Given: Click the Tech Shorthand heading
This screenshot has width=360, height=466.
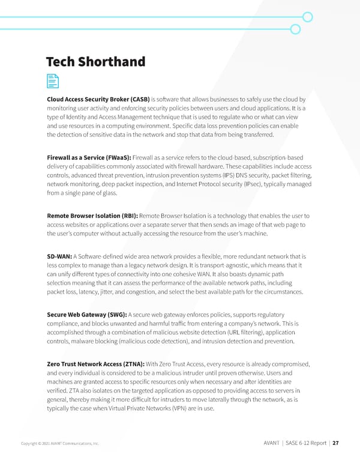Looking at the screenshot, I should pyautogui.click(x=96, y=62).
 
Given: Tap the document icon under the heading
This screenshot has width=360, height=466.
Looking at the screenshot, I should pyautogui.click(x=53, y=82).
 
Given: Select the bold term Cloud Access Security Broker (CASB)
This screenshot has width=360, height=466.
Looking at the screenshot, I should pyautogui.click(x=98, y=100).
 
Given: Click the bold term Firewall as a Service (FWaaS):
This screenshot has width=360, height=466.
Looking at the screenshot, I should pyautogui.click(x=88, y=157).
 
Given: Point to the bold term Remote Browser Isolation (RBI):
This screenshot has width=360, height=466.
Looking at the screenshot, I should pyautogui.click(x=92, y=215).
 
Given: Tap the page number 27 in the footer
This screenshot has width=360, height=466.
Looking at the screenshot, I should pyautogui.click(x=336, y=444).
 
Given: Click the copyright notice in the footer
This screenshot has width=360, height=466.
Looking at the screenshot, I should pyautogui.click(x=61, y=444).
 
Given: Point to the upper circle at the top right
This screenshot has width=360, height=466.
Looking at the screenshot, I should pyautogui.click(x=307, y=17).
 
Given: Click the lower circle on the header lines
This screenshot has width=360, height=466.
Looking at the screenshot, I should pyautogui.click(x=295, y=29).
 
